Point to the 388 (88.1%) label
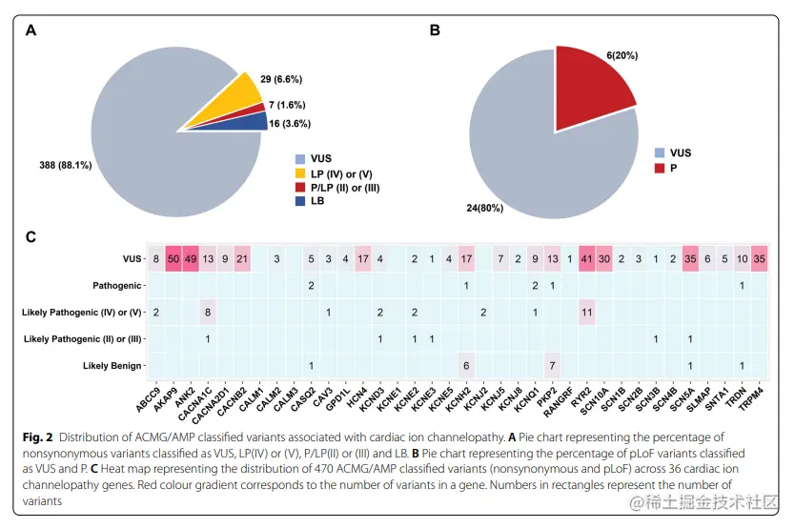click(65, 164)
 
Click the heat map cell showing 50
click(173, 258)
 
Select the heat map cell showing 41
click(585, 258)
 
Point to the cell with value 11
click(585, 312)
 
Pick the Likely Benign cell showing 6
click(465, 365)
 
